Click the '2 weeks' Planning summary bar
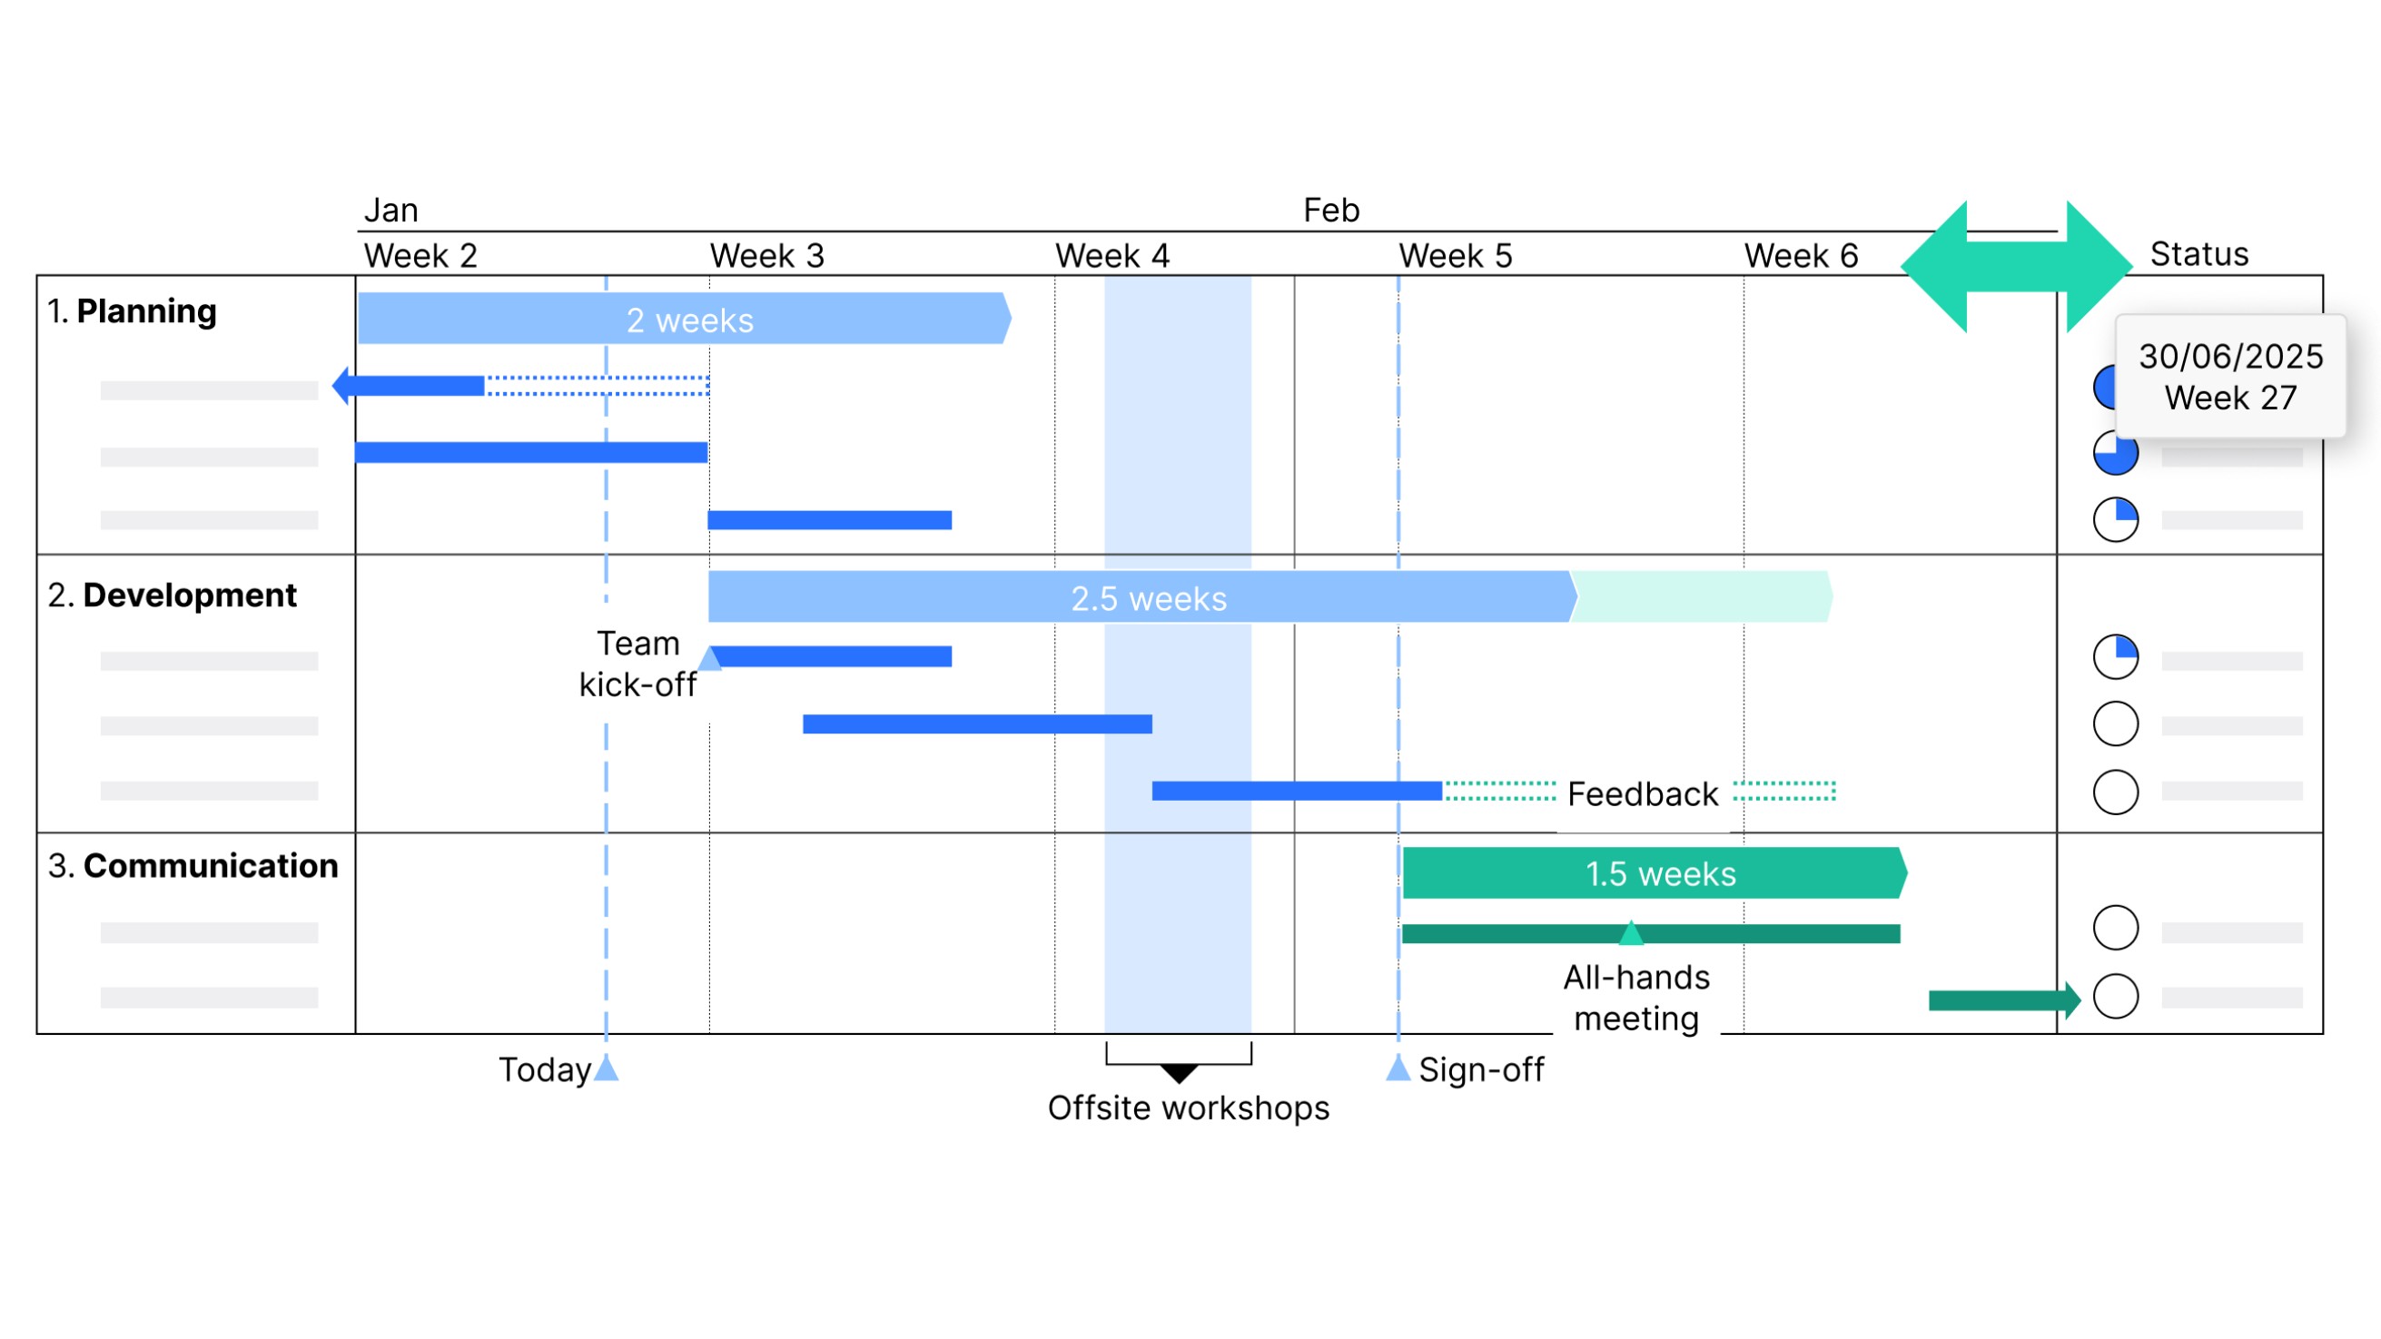684,319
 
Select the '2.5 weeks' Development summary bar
1142,597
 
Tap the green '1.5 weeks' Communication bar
1655,873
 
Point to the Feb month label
1331,210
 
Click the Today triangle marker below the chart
607,1068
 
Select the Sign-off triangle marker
1398,1068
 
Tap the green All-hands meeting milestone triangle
1632,932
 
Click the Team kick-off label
637,664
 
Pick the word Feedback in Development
1643,793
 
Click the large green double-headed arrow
2016,266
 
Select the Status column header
2198,253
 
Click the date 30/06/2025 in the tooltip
2230,356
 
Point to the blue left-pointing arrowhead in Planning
341,385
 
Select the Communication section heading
193,865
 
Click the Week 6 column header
1801,255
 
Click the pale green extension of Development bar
1703,597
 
